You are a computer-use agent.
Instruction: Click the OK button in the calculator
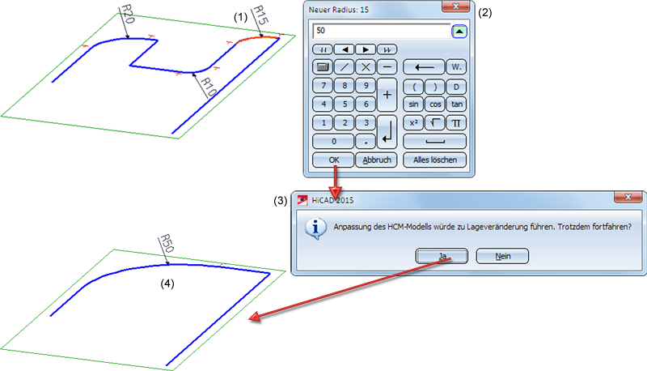pos(333,160)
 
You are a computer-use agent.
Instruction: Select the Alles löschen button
pos(435,160)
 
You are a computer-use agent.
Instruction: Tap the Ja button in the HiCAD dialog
pos(442,256)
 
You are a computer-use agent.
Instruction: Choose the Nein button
pos(502,256)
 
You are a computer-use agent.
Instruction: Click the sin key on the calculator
pos(413,104)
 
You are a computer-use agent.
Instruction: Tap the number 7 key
pos(323,86)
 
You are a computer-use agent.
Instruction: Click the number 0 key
pos(333,141)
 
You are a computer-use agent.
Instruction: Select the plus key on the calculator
pos(387,95)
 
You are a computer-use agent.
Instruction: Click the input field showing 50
pos(381,31)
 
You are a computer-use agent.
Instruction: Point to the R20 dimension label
pos(127,14)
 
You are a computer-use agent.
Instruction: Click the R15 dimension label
pos(260,15)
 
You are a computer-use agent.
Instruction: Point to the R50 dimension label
pos(167,243)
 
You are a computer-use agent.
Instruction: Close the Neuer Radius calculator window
pos(455,6)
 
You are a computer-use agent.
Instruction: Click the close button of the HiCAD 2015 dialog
pos(628,197)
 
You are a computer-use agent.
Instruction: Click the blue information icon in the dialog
pos(315,229)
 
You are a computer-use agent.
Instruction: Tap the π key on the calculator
pos(456,122)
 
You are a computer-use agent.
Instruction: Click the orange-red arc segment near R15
pos(257,38)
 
